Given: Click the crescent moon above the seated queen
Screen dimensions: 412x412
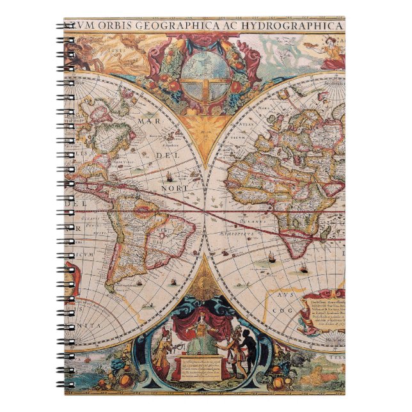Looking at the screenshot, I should click(x=205, y=283).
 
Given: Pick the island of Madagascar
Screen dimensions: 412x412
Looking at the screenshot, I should click(x=326, y=236).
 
